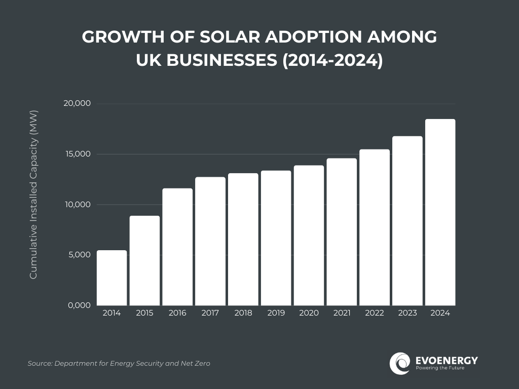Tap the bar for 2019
276,238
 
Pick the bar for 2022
375,227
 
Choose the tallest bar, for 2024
440,212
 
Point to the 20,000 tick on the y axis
77,104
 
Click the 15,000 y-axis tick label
77,154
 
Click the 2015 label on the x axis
144,313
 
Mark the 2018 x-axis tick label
243,313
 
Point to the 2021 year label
342,313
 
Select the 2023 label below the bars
407,313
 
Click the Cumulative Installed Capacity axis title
33,194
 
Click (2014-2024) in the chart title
332,60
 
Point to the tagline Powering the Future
440,368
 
